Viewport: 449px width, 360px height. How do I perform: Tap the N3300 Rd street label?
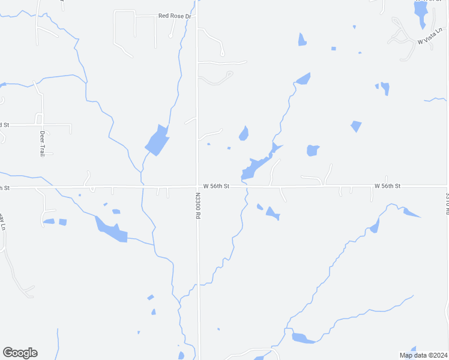coord(197,205)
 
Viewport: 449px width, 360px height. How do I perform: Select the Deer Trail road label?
coord(43,144)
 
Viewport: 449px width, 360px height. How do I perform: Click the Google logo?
coord(20,353)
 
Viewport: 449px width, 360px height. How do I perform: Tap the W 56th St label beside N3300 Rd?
coord(216,187)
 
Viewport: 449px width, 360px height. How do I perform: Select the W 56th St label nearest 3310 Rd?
coord(387,187)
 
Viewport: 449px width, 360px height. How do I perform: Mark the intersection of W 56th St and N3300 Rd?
coord(198,187)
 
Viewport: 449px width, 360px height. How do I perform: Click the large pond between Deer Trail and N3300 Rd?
coord(157,141)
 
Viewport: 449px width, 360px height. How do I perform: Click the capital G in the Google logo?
coord(8,353)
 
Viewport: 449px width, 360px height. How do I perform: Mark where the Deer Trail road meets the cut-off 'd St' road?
coord(41,125)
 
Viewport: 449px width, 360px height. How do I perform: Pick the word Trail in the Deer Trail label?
coord(43,149)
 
